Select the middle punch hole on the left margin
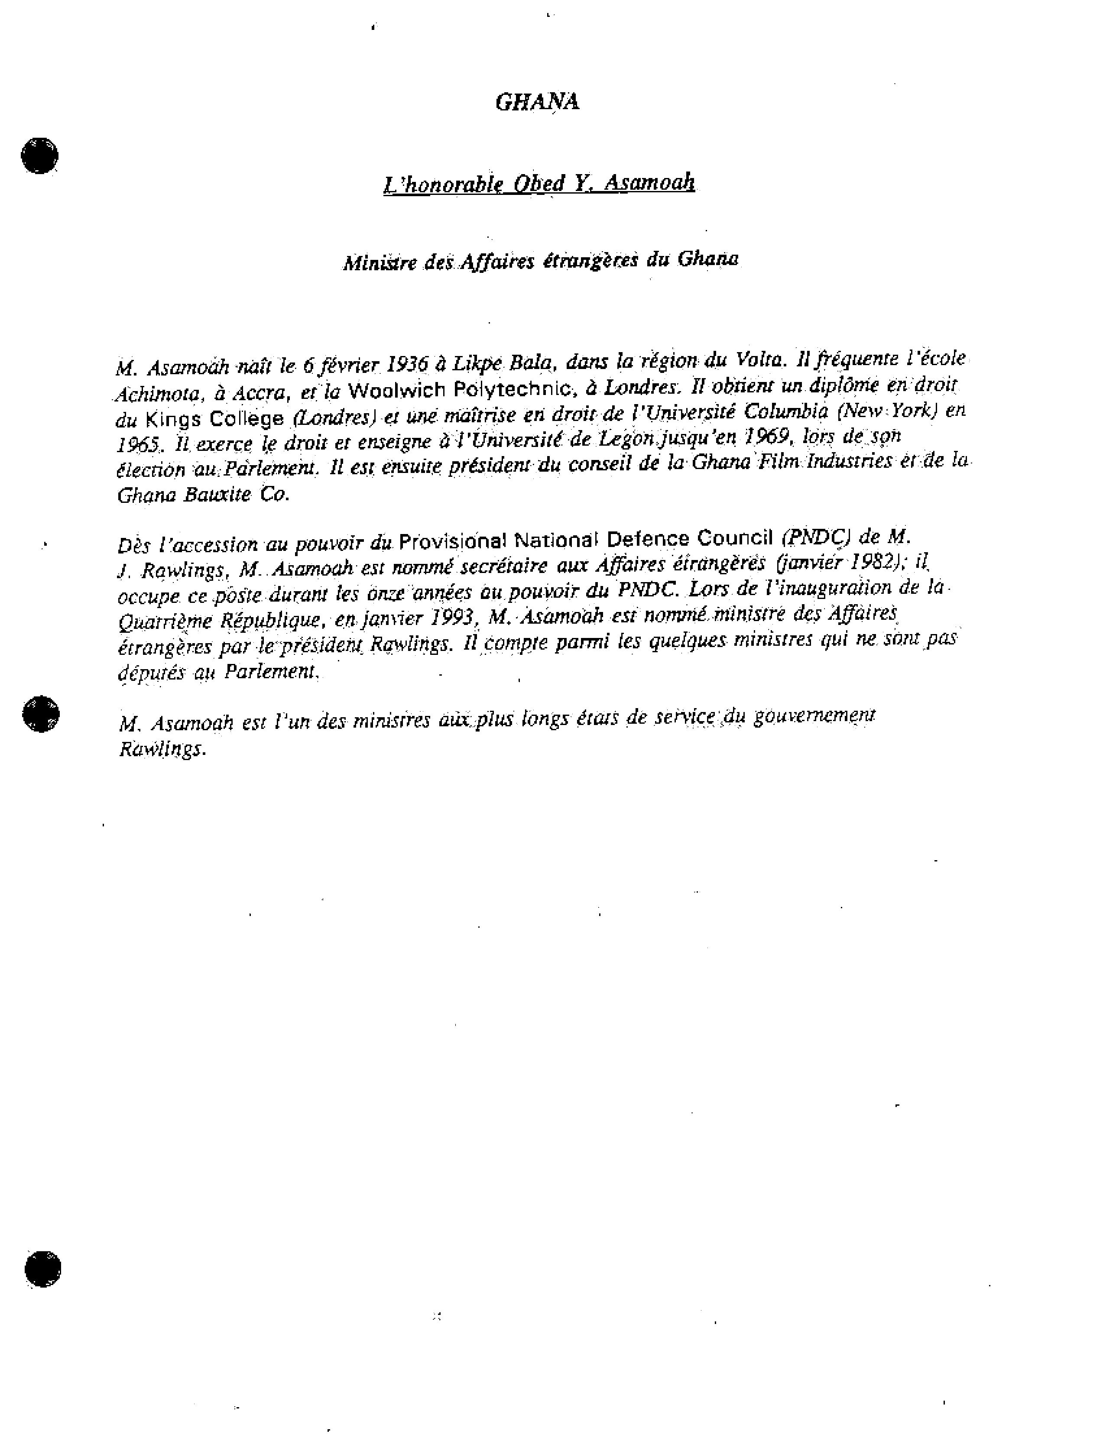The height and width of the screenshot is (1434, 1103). click(41, 713)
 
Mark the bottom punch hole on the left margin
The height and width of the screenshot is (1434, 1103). click(43, 1269)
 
